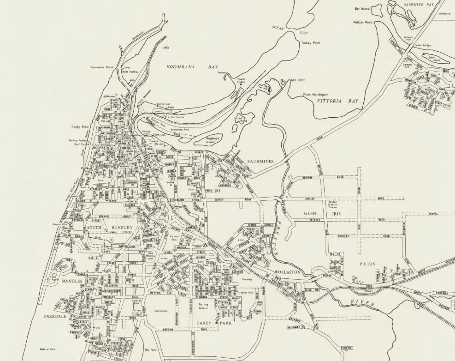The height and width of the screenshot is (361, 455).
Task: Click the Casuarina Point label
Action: pos(102,67)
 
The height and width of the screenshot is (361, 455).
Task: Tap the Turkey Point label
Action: pos(311,42)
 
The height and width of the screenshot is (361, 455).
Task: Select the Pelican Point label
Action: pos(362,22)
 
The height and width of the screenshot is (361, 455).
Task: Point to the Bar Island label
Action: pos(363,8)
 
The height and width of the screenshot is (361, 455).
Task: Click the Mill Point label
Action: pos(297,80)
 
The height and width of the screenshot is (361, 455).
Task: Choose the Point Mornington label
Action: pos(316,95)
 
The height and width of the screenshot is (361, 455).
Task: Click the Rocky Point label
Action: pos(79,126)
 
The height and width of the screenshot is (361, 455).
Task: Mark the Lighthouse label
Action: pos(108,96)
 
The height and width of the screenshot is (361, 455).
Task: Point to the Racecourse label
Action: pos(163,311)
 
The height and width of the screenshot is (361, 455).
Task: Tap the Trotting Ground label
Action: pos(203,307)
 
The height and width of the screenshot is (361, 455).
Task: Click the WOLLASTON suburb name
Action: pos(287,272)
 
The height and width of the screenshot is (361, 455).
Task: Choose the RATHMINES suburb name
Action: pos(260,161)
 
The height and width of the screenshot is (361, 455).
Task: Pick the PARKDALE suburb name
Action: pos(56,317)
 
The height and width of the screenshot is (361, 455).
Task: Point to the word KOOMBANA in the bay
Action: pos(180,67)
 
